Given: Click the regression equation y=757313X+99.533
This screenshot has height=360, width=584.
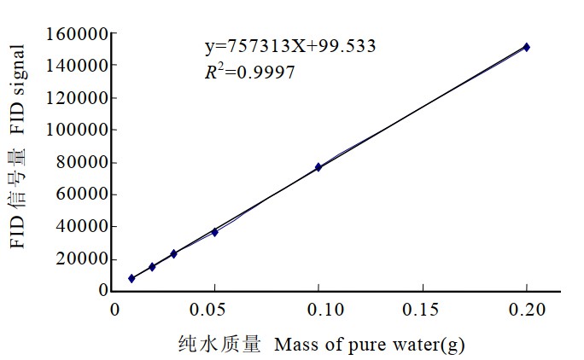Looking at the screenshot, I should click(289, 46).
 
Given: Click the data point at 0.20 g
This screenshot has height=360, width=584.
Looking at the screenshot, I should click(527, 47).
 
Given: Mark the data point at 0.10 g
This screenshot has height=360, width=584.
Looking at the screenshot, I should click(318, 167).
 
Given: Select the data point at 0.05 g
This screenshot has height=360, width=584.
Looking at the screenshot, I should click(214, 232).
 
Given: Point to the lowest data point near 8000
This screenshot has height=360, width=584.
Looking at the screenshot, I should click(131, 278).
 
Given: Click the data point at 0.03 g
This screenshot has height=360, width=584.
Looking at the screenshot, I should click(173, 253).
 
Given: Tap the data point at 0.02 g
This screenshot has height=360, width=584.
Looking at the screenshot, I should click(152, 267).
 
